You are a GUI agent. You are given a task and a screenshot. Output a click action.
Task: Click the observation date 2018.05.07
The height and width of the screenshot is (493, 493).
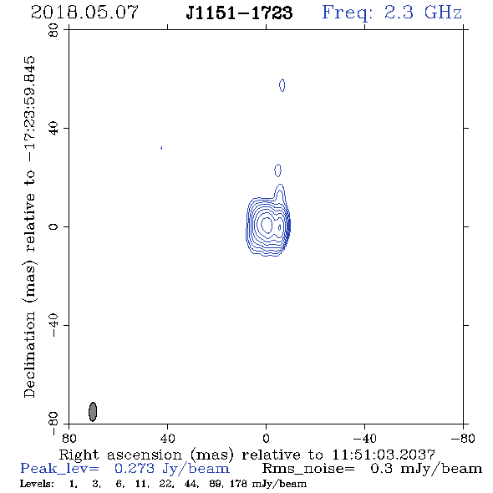point(84,13)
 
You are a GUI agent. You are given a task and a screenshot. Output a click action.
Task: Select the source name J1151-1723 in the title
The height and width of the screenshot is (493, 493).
point(239,13)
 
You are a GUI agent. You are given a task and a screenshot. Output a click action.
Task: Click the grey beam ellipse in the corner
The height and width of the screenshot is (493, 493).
point(93,412)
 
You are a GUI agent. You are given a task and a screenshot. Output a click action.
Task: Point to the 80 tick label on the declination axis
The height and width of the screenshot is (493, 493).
point(53,30)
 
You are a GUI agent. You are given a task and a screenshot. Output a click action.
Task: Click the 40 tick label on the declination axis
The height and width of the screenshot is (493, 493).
point(53,129)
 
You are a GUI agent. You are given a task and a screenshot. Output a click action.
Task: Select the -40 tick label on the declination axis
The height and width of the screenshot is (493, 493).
point(53,325)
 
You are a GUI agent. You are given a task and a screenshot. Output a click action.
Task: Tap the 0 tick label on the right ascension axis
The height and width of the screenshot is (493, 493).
point(266,438)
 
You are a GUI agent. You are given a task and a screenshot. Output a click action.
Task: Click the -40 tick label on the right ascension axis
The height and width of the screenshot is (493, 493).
point(364,438)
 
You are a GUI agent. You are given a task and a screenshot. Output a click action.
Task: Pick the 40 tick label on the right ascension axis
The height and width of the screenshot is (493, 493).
point(167,438)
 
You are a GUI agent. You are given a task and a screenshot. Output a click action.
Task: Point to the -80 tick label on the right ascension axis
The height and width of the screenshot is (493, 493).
point(463,438)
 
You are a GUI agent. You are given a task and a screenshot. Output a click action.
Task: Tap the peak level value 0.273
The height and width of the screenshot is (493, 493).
point(135,469)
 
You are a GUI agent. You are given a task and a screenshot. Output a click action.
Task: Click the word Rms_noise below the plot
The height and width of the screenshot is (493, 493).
point(308,469)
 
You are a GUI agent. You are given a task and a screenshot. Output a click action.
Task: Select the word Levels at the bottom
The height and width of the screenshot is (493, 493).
point(37,484)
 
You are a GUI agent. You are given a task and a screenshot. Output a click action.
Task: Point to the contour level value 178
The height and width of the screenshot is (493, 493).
point(238,484)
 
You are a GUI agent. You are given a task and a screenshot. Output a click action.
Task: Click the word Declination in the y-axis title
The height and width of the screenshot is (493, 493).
point(29,354)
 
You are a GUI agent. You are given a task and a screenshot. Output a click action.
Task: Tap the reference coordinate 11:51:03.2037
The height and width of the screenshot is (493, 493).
point(384,455)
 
